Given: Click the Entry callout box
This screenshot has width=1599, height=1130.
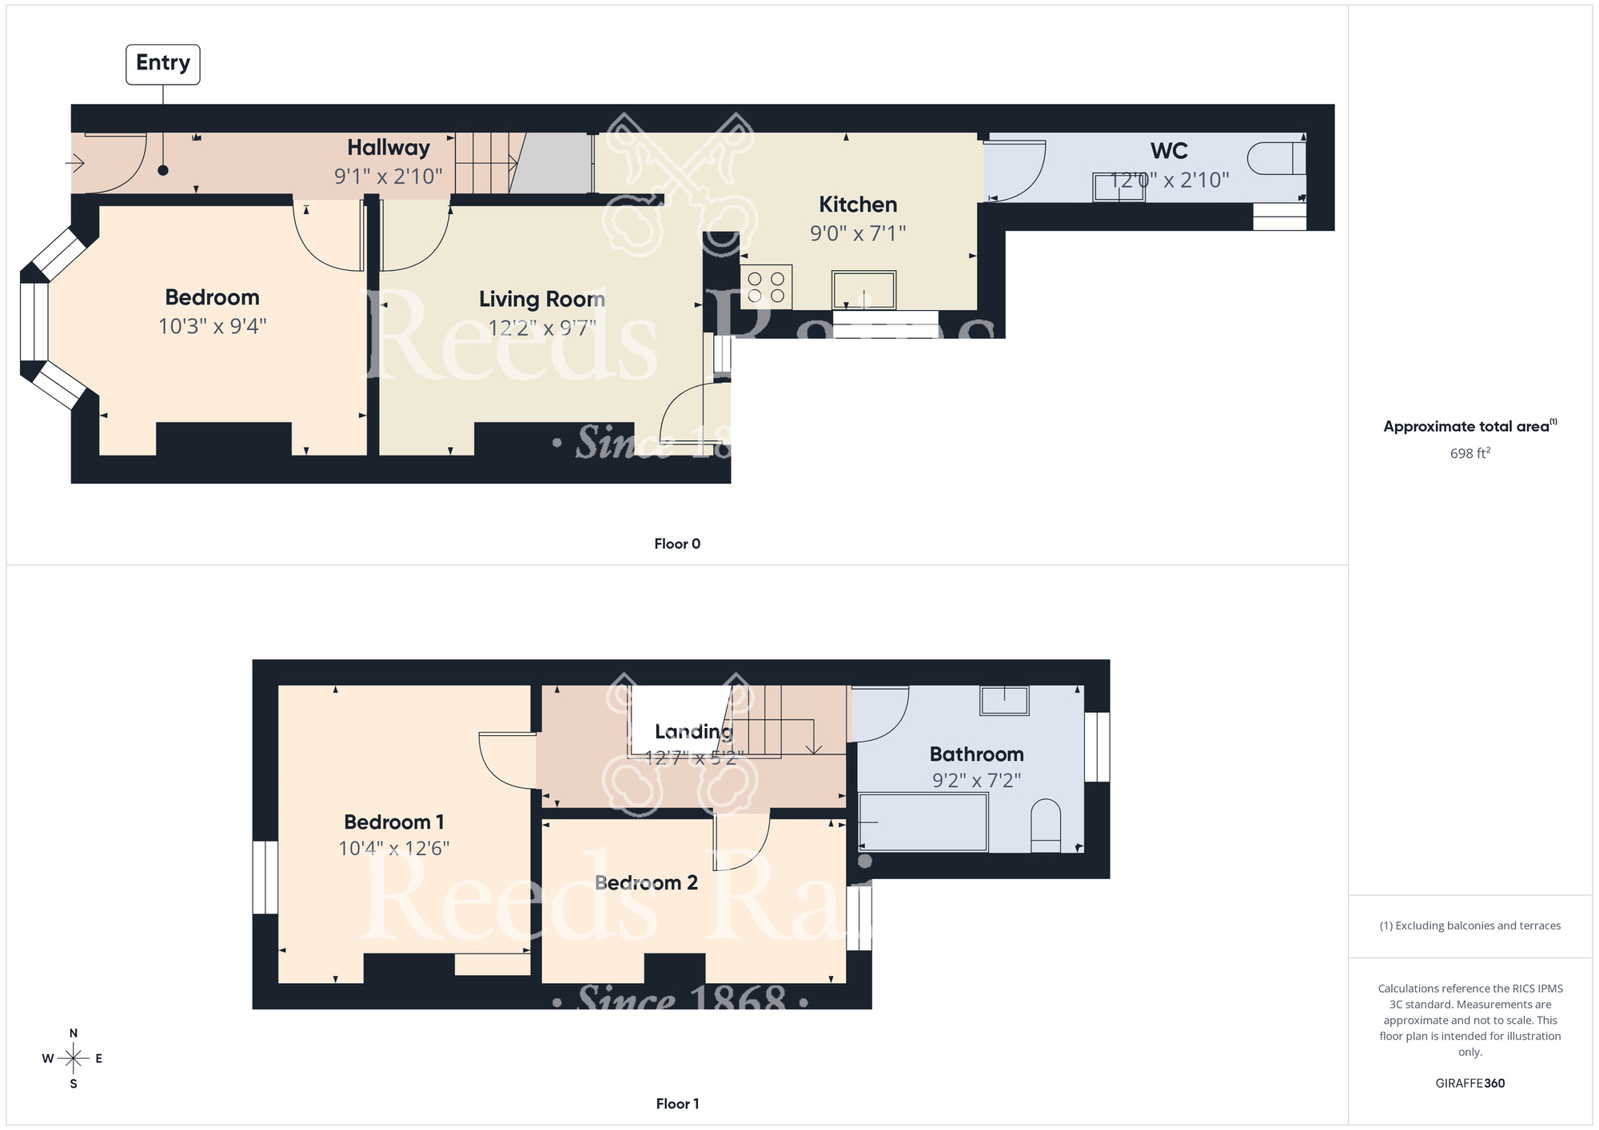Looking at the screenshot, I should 163,64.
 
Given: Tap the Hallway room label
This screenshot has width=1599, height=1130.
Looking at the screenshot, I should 389,148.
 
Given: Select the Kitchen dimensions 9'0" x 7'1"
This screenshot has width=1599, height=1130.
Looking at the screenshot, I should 858,233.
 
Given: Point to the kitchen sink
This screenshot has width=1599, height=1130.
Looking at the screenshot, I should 863,289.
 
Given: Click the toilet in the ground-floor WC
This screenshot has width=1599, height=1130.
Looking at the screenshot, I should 1276,158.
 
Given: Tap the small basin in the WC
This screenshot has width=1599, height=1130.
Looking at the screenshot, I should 1119,187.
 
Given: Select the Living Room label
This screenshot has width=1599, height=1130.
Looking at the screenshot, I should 542,299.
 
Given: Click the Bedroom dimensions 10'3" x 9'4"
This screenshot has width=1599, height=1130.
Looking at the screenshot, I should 212,326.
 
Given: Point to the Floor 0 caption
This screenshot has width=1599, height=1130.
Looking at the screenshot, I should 677,543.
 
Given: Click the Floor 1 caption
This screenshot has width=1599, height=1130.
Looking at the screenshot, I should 677,1104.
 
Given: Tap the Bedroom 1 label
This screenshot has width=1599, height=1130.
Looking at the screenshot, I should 394,822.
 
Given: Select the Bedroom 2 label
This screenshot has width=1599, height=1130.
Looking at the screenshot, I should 646,883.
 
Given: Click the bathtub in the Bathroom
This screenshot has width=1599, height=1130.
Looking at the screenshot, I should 923,822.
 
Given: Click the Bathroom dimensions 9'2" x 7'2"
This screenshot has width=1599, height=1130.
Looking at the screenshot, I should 976,781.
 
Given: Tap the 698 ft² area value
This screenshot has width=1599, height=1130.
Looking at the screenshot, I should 1469,453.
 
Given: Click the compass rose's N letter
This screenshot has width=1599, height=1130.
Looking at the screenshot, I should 74,1033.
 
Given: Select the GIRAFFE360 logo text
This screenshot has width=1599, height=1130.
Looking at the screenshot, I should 1469,1084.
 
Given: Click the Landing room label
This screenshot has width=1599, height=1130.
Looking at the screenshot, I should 694,731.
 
